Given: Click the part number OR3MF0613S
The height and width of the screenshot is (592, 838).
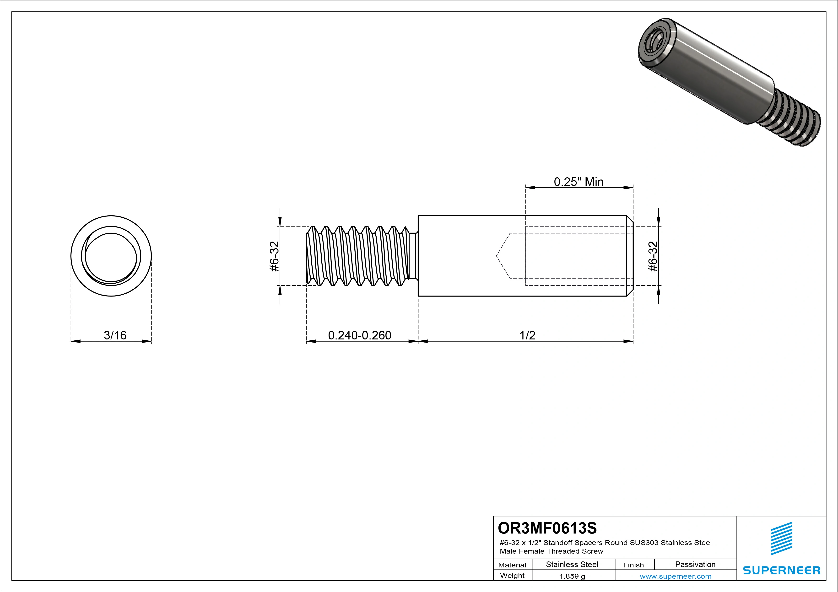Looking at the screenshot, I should [547, 528].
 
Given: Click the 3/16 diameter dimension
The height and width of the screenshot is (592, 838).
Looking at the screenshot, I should [115, 335].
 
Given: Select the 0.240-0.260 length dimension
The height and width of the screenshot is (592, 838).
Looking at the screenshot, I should [360, 335].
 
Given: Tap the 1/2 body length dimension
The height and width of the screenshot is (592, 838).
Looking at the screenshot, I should [527, 335].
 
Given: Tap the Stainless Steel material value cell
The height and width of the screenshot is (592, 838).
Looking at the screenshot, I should [572, 564].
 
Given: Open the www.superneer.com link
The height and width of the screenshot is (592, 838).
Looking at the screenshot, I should [675, 576].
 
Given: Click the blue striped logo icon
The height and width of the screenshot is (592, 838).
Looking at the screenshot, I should [781, 539].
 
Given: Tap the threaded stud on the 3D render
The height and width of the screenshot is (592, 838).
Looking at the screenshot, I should [792, 118].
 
